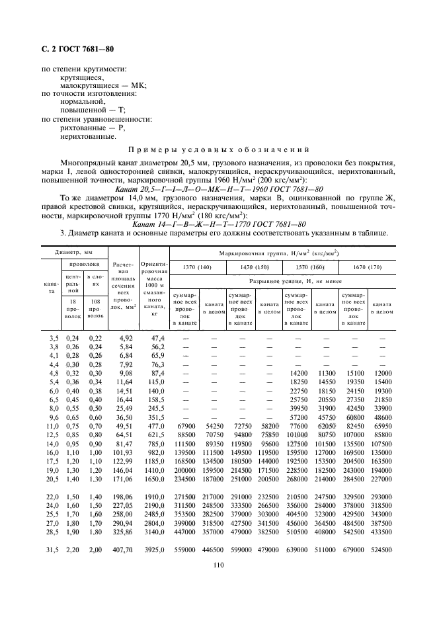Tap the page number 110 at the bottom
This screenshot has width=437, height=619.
pos(218,564)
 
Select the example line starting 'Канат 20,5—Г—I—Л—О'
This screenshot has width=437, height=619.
pos(218,189)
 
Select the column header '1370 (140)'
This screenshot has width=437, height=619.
pos(198,267)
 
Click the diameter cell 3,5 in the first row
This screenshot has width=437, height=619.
pos(54,338)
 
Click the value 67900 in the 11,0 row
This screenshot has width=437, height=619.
pos(184,429)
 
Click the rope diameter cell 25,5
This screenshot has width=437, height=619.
pos(53,513)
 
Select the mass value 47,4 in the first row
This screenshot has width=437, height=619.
pos(157,338)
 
